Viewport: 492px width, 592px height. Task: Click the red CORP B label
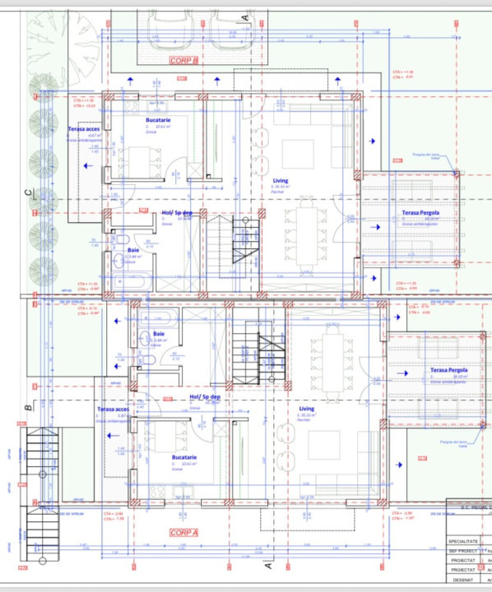[184, 60]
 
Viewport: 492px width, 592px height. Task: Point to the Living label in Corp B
[281, 180]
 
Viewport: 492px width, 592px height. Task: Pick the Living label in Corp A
[306, 409]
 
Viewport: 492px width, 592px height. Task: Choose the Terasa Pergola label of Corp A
[448, 371]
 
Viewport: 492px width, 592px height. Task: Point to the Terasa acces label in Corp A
[113, 409]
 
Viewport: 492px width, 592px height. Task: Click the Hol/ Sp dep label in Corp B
[177, 213]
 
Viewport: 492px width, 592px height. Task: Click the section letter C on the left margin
[27, 193]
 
